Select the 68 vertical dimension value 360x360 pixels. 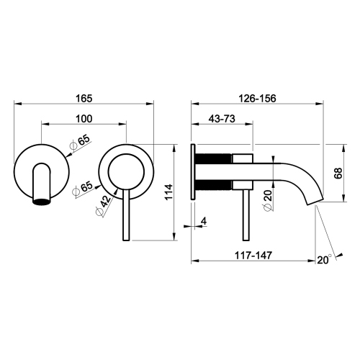338,174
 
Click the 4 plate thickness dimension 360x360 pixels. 204,221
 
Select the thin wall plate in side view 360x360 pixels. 192,174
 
